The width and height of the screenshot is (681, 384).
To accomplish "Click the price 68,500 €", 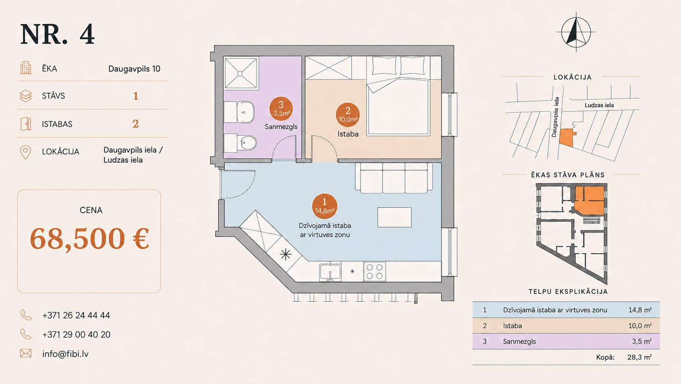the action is pyautogui.click(x=89, y=238).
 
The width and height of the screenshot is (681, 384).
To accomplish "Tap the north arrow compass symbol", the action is pyautogui.click(x=576, y=32).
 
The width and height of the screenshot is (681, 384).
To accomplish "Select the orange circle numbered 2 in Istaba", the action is pyautogui.click(x=348, y=115).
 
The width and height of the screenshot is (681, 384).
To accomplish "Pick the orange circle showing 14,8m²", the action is pyautogui.click(x=324, y=206).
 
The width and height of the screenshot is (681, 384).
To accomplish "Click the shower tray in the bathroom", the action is pyautogui.click(x=241, y=73).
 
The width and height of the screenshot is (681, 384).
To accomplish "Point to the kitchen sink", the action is pyautogui.click(x=330, y=272).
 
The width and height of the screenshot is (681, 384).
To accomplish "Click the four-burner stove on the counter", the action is pyautogui.click(x=374, y=271).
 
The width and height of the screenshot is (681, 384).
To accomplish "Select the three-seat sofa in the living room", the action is pyautogui.click(x=394, y=178).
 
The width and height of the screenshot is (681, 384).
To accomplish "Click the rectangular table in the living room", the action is pyautogui.click(x=394, y=217).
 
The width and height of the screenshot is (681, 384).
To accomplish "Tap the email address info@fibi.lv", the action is pyautogui.click(x=65, y=354).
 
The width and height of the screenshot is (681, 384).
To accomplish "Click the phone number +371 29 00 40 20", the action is pyautogui.click(x=76, y=335).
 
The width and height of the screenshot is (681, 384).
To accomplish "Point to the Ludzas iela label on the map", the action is pyautogui.click(x=599, y=105).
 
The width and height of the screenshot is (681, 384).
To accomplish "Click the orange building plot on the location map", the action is pyautogui.click(x=567, y=138).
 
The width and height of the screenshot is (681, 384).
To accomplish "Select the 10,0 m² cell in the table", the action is pyautogui.click(x=640, y=326).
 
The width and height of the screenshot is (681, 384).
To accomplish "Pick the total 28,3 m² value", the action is pyautogui.click(x=639, y=357).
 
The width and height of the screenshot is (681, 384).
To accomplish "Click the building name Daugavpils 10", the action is pyautogui.click(x=134, y=68).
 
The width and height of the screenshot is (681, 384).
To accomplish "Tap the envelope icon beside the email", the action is pyautogui.click(x=26, y=353).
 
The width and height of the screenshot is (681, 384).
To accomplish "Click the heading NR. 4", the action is pyautogui.click(x=57, y=34).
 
